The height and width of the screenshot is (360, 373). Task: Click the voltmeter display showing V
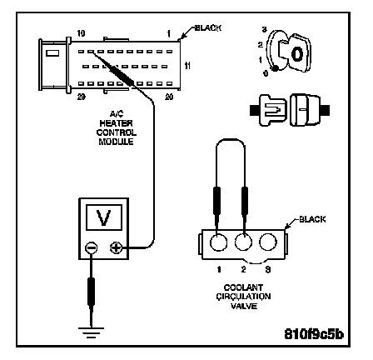(104, 217)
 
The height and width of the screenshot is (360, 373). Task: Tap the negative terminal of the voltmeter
(91, 247)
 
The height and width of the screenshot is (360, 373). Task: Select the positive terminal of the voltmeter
(117, 247)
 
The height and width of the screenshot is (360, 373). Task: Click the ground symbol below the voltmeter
(91, 332)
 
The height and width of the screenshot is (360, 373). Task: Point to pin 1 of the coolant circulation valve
(218, 242)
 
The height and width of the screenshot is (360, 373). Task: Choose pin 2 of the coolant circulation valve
(243, 242)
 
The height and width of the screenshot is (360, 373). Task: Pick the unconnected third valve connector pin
(268, 242)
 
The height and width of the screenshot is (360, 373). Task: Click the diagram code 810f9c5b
(314, 334)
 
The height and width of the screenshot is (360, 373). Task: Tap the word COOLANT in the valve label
(243, 287)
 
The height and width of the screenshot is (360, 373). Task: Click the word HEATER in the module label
(117, 123)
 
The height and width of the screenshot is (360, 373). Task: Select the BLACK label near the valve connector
(312, 219)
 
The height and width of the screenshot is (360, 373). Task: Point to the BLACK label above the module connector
(208, 28)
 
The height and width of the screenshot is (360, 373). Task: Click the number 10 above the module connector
(81, 33)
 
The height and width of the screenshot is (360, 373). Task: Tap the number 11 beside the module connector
(187, 66)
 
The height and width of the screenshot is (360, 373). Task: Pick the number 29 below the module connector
(81, 97)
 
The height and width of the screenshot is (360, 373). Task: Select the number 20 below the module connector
(169, 97)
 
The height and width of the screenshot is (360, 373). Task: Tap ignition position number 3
(265, 29)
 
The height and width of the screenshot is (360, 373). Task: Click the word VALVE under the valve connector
(244, 306)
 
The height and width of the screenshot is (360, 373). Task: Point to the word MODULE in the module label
(116, 142)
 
